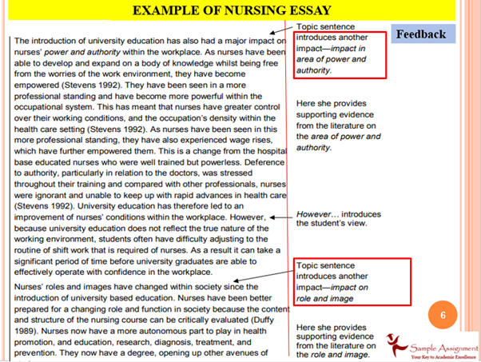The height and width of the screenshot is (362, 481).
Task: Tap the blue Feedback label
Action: (420, 34)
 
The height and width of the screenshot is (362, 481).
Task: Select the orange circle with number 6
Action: (443, 315)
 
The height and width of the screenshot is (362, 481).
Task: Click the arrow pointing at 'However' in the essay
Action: (280, 217)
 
